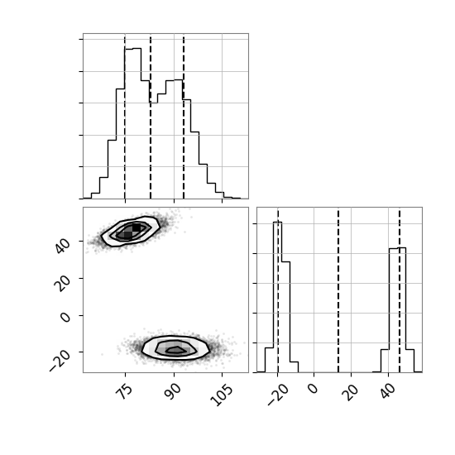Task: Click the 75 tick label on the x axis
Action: (x=124, y=392)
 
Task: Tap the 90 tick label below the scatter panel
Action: (x=173, y=392)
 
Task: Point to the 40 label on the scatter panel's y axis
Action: (x=63, y=245)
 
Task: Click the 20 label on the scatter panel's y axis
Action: (x=63, y=283)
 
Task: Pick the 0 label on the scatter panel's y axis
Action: (x=65, y=317)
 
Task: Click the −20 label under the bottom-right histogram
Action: (x=277, y=395)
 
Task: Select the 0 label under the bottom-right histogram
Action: (x=313, y=389)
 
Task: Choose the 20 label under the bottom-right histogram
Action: (x=350, y=392)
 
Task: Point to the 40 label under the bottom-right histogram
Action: (x=387, y=392)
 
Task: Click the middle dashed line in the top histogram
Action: (x=151, y=116)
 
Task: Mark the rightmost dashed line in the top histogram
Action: (x=184, y=116)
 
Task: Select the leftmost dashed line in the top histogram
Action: (x=125, y=116)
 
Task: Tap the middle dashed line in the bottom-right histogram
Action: (x=338, y=290)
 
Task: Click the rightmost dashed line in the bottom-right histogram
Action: (x=400, y=290)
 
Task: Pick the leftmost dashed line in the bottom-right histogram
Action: (x=278, y=290)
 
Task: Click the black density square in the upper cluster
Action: (x=136, y=227)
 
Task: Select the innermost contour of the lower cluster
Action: (x=176, y=350)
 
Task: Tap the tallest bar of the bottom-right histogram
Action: (x=277, y=297)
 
